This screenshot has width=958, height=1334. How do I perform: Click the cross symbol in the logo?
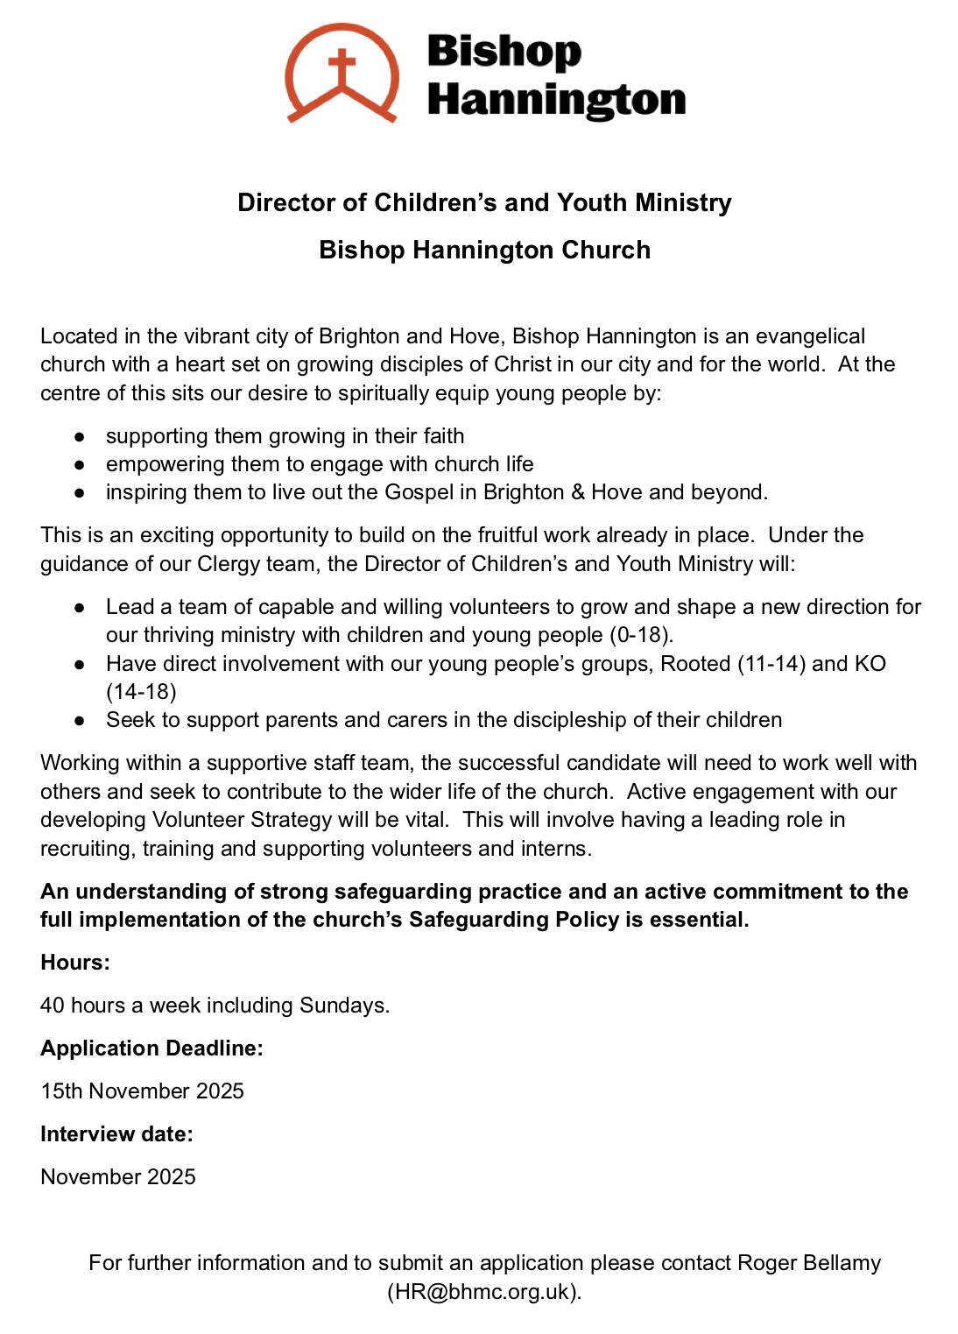tap(342, 68)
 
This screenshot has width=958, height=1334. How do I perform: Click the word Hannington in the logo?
tap(556, 100)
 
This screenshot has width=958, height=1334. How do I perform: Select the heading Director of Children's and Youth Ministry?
tap(484, 203)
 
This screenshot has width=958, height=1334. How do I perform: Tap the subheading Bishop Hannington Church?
tap(484, 251)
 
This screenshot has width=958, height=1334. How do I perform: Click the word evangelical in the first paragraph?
tap(810, 336)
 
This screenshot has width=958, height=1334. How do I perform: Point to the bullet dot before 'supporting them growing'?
tap(80, 436)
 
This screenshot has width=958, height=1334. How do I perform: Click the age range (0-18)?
tap(641, 635)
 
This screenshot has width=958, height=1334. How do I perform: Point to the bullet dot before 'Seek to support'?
tap(80, 721)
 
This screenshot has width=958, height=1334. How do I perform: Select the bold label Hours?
tap(75, 963)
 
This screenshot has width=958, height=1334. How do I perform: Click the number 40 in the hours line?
tap(53, 1006)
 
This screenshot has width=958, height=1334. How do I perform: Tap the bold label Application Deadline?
tap(151, 1048)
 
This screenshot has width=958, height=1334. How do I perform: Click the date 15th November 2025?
tap(142, 1091)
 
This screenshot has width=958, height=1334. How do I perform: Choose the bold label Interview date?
tap(116, 1134)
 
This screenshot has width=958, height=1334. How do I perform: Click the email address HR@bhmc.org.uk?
tap(483, 1292)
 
